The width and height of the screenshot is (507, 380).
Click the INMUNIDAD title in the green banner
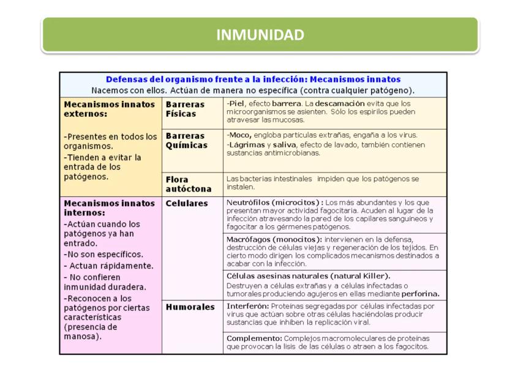pos(260,35)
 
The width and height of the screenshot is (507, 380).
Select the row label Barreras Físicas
pos(185,109)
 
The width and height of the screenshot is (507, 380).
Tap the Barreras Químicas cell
pos(186,140)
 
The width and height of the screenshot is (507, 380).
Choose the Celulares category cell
pos(187,203)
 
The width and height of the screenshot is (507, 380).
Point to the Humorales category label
pos(190,307)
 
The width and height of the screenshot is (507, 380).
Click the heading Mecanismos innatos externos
pos(109,109)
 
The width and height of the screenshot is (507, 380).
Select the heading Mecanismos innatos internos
pos(109,208)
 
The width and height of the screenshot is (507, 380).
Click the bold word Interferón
pos(247,306)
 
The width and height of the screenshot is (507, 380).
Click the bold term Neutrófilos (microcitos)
pos(274,203)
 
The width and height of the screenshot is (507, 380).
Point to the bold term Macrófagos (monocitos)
pos(274,239)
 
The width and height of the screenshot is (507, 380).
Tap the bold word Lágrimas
pos(244,144)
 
